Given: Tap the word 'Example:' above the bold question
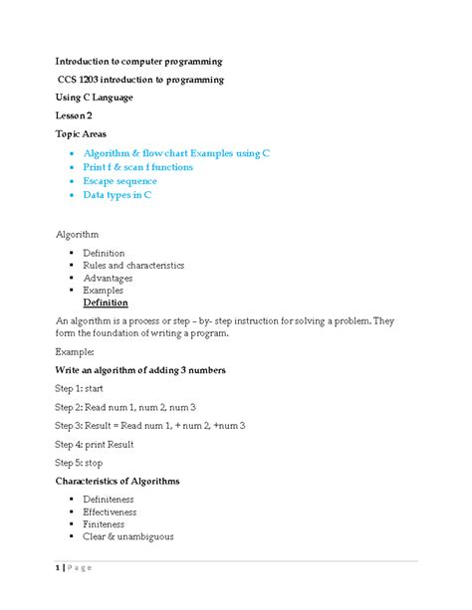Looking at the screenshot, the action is [75, 352].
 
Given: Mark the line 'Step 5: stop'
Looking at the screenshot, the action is [79, 463].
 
